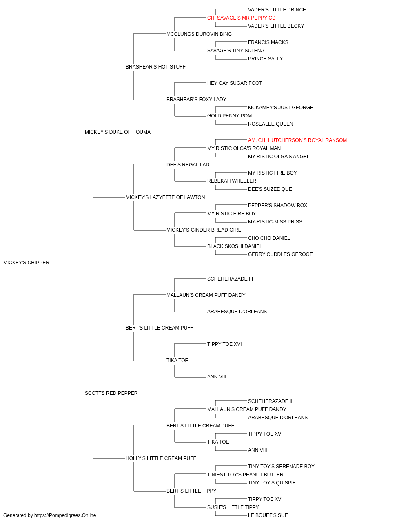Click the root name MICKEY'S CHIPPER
point(26,263)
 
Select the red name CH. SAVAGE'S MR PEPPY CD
point(241,18)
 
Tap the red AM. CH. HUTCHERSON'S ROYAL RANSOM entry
point(297,140)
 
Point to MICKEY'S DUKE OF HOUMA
point(118,132)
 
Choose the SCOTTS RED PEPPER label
point(111,393)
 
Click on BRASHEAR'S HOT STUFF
point(155,67)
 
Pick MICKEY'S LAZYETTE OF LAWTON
point(165,197)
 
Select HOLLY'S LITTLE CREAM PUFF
point(161,458)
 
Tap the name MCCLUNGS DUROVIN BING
point(199,34)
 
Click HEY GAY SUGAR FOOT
point(235,83)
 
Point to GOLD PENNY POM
point(229,116)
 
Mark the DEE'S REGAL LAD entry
point(188,165)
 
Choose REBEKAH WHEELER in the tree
point(232,181)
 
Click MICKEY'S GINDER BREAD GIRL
point(204,230)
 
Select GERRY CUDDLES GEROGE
point(280,254)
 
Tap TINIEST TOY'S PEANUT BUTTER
point(245,475)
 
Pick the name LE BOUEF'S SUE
point(268,515)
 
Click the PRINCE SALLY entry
point(265,59)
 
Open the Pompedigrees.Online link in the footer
point(65,515)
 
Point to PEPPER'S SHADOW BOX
point(277,206)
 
